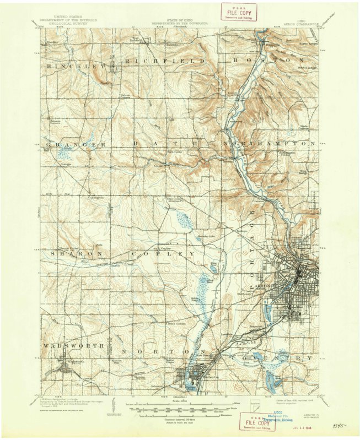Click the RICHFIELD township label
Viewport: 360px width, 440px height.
pos(164,60)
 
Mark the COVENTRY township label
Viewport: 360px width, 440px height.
pos(287,358)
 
